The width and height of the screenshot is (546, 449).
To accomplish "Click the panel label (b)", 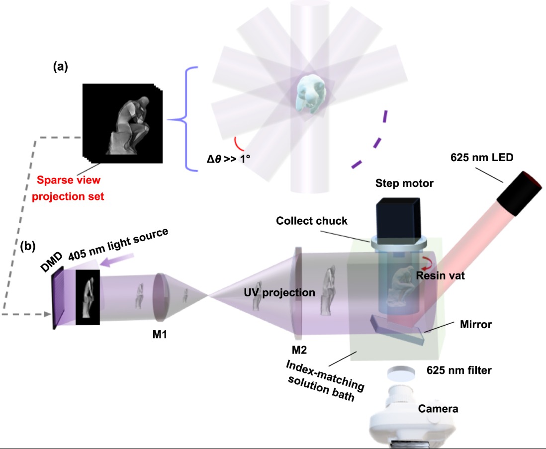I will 27,246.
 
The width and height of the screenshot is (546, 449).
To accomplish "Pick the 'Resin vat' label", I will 440,275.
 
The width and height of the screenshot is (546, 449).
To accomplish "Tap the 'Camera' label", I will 438,409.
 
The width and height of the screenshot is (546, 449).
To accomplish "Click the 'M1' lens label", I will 159,334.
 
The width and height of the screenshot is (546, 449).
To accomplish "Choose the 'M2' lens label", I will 299,350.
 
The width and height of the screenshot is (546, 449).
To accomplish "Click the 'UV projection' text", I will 279,292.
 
